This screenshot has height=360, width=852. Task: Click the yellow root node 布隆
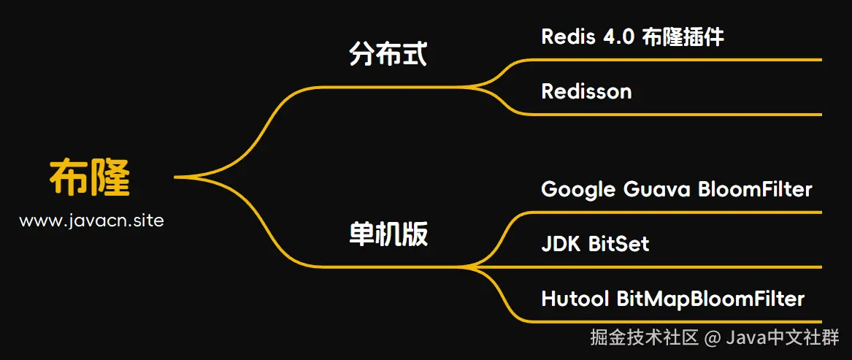(90, 177)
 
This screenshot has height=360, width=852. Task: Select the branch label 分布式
(388, 55)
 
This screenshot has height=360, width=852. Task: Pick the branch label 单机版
(388, 234)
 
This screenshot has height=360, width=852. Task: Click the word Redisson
(586, 91)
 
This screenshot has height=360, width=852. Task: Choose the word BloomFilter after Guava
(755, 190)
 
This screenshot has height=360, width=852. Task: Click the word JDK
(561, 244)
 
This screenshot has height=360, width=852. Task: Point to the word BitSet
(618, 244)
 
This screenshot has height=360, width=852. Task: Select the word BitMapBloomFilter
(710, 299)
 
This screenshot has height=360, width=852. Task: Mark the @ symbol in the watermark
(713, 338)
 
